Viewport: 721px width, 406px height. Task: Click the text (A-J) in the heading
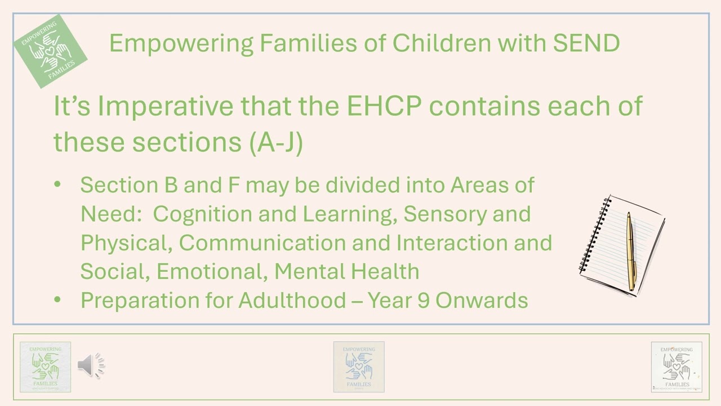[x=275, y=142]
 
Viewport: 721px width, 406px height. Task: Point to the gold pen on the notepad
[x=631, y=251]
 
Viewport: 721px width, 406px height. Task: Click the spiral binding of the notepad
[x=594, y=237]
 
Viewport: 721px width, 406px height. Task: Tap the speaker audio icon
[x=91, y=365]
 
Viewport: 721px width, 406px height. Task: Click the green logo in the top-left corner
[x=51, y=51]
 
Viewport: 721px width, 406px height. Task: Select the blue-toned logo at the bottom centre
[x=359, y=367]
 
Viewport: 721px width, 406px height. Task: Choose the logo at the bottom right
[x=677, y=367]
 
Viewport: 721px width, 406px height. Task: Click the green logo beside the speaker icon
[x=45, y=367]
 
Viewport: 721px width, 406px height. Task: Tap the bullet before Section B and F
[x=57, y=185]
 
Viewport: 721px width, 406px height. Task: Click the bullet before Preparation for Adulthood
[x=57, y=300]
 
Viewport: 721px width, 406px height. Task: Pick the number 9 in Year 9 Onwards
[x=425, y=300]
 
